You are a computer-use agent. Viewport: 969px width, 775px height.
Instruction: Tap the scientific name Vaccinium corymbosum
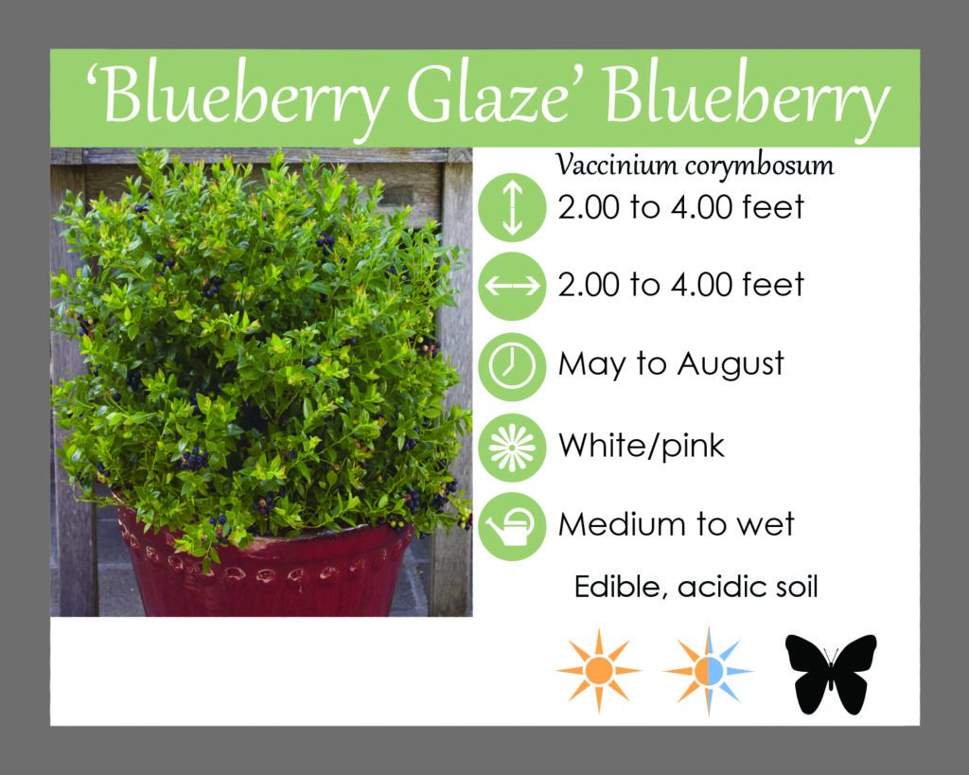tap(695, 166)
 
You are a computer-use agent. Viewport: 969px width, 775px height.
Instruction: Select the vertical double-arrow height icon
tap(512, 207)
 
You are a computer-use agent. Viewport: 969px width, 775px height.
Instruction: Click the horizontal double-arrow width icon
tap(512, 286)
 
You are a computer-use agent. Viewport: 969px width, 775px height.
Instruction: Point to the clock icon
tap(512, 366)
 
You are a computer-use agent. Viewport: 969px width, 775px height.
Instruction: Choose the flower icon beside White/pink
tap(512, 448)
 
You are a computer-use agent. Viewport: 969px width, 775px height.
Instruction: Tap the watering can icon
tap(512, 526)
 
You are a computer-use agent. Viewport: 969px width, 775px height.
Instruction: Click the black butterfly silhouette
tap(831, 674)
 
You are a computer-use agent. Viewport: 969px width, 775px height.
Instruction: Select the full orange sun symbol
tap(598, 671)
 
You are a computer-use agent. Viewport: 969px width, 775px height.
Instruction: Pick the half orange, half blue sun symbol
tap(708, 671)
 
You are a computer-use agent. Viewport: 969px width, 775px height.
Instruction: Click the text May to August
tap(671, 364)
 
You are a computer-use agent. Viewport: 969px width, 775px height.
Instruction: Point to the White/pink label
tap(641, 446)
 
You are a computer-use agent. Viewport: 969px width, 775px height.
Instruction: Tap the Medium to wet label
tap(676, 524)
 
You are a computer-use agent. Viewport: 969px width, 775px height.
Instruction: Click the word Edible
tap(621, 587)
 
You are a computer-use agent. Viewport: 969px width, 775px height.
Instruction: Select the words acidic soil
tap(748, 587)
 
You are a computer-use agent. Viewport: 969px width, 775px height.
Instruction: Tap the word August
tap(731, 364)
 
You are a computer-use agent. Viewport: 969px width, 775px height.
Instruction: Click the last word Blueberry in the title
tap(748, 98)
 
